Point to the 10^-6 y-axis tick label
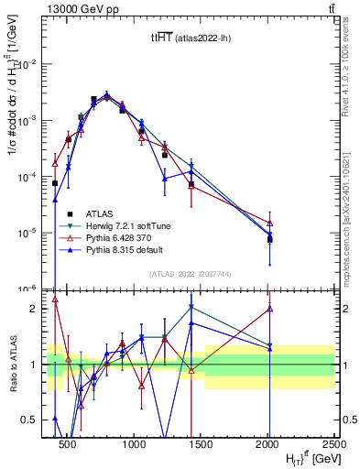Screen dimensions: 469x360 point(30,289)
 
